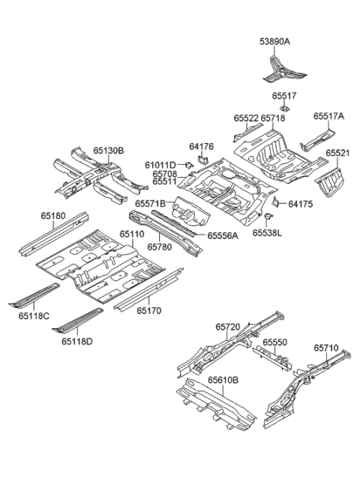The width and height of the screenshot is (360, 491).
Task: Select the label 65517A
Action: click(328, 117)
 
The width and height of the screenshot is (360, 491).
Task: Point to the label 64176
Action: click(202, 147)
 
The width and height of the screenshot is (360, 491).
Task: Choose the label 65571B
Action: click(151, 203)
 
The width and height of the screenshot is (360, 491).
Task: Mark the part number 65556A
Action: click(223, 235)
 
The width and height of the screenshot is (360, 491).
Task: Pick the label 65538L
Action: click(266, 232)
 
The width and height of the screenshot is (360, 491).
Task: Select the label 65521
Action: click(337, 153)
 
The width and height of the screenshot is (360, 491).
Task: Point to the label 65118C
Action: click(34, 316)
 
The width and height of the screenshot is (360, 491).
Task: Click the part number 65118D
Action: click(77, 342)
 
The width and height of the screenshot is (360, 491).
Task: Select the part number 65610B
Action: click(222, 380)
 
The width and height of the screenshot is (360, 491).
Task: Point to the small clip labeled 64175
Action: click(276, 202)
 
